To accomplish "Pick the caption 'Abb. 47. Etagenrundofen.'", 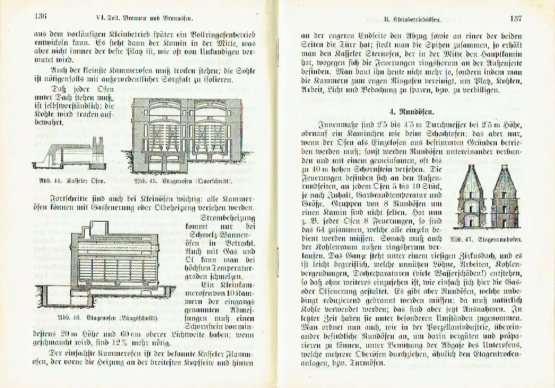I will point(485,238).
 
